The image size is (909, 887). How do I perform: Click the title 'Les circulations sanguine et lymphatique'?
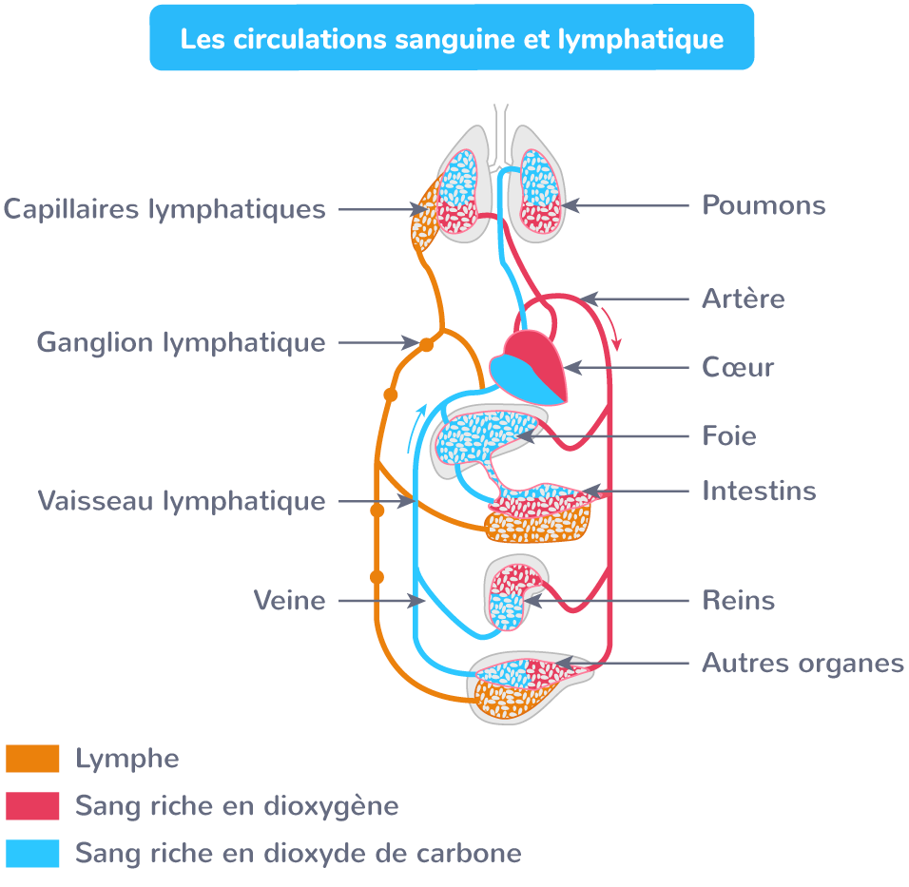pyautogui.click(x=452, y=40)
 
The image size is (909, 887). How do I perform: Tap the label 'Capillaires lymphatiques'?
pyautogui.click(x=164, y=208)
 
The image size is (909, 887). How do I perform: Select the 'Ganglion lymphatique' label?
pyautogui.click(x=181, y=342)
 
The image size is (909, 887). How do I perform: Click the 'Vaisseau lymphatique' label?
pyautogui.click(x=181, y=500)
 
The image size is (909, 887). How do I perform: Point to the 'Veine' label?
pyautogui.click(x=289, y=601)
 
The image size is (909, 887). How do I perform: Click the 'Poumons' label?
pyautogui.click(x=763, y=205)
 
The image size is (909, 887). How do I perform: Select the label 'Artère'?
pyautogui.click(x=743, y=299)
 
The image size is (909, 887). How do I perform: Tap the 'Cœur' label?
pyautogui.click(x=738, y=367)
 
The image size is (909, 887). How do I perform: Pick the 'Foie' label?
pyautogui.click(x=728, y=436)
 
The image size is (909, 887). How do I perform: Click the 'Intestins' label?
pyautogui.click(x=759, y=491)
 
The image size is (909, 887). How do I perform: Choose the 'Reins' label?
pyautogui.click(x=738, y=601)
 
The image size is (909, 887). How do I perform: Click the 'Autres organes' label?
pyautogui.click(x=803, y=663)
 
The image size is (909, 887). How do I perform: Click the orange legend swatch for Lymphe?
pyautogui.click(x=32, y=759)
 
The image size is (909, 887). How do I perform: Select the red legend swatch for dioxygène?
pyautogui.click(x=32, y=806)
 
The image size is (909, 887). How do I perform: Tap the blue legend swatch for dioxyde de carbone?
pyautogui.click(x=32, y=853)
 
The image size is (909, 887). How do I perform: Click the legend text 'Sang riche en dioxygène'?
pyautogui.click(x=237, y=806)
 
